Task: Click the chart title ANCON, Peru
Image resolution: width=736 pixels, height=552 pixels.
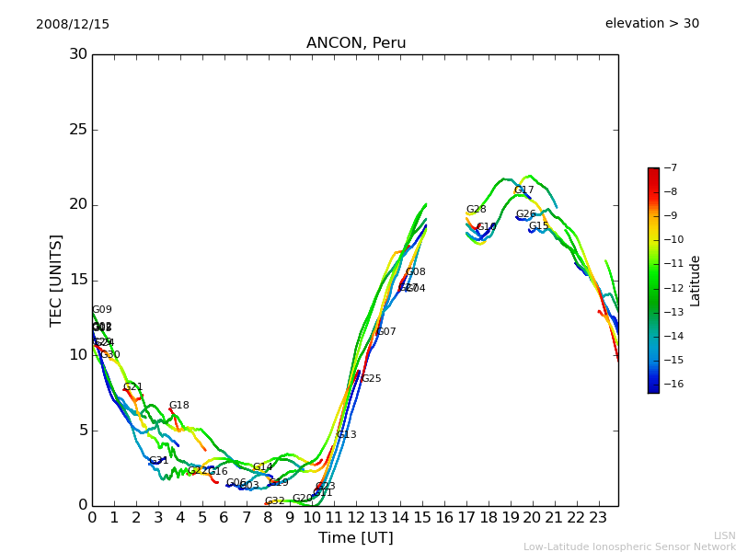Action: point(356,43)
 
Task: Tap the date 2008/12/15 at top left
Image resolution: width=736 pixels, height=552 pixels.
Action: point(73,24)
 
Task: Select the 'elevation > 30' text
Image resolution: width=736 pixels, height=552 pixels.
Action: point(651,24)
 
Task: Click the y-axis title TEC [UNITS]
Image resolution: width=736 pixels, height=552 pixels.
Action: point(57,280)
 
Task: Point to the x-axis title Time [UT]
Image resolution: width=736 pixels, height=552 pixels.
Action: point(355,538)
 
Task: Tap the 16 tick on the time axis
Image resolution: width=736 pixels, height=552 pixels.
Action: point(444,518)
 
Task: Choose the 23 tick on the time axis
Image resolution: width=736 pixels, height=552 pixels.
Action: point(598,518)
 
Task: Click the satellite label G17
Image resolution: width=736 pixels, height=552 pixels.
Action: point(523,190)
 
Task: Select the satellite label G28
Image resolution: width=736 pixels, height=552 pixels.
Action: point(476,210)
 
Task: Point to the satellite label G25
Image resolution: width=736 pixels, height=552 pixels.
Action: point(371,379)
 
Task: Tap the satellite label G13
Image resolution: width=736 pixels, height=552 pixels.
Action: point(346,435)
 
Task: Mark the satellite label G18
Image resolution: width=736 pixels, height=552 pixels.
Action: point(178,406)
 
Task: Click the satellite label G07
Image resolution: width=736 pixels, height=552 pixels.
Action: point(385,332)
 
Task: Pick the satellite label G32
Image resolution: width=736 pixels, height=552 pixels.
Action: point(274,501)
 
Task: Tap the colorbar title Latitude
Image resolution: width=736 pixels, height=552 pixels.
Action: point(696,281)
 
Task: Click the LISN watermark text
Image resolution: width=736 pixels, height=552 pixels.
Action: point(724,535)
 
